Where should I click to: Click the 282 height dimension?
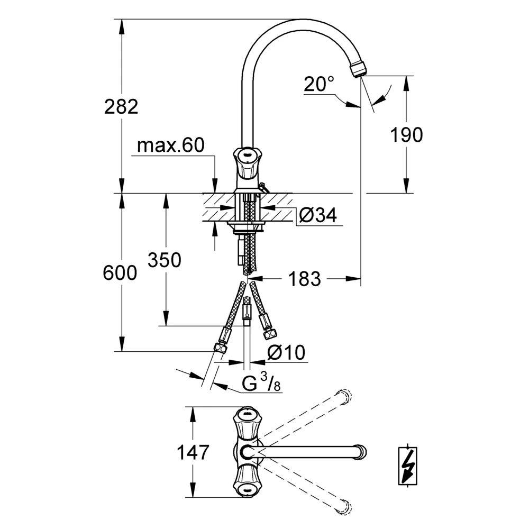click(121, 107)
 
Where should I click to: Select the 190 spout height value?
click(406, 134)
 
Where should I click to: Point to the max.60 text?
click(171, 145)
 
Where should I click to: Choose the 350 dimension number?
click(165, 260)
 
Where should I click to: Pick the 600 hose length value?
click(120, 272)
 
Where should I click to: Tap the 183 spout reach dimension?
click(304, 279)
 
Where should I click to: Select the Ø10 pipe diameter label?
click(286, 352)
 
